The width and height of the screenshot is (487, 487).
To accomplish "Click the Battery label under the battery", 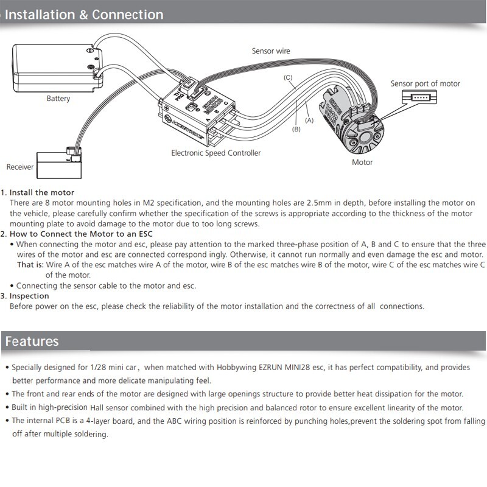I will (x=58, y=99).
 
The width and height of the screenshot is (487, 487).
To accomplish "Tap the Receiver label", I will (x=20, y=167).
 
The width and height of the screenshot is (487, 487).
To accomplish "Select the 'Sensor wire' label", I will (x=271, y=51).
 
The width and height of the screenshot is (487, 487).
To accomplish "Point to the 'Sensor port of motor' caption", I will (x=425, y=83).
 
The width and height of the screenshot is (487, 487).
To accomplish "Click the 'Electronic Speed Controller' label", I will (x=215, y=153).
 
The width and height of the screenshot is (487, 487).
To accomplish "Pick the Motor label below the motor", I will (x=362, y=163).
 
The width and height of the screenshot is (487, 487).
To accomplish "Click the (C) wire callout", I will (x=289, y=77).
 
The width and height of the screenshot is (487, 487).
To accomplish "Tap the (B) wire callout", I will (x=296, y=129).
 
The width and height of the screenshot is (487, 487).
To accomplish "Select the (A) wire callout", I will (x=309, y=121).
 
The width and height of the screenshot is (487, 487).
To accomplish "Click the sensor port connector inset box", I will (x=420, y=97).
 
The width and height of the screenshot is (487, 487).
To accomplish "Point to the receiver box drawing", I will (x=55, y=164).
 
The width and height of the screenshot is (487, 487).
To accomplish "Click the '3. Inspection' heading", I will (x=29, y=296).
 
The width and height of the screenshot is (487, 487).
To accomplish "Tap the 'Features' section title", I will (x=32, y=341).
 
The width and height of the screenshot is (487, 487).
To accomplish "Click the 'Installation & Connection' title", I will (x=84, y=14).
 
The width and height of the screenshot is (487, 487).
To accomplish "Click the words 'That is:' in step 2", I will (x=30, y=265).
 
